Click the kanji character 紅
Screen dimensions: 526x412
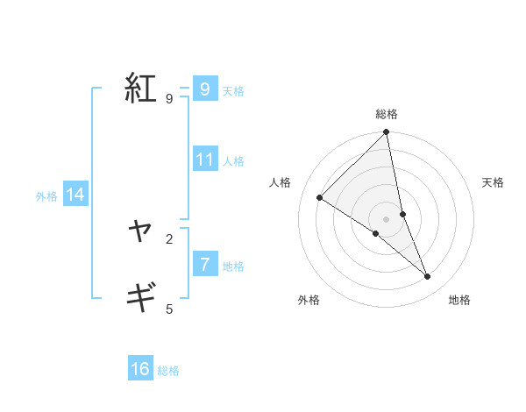coord(140,89)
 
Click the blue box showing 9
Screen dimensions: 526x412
coord(204,89)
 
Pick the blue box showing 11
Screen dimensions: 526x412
coord(205,160)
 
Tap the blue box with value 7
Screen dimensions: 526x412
coord(204,264)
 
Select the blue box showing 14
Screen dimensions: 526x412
coord(75,195)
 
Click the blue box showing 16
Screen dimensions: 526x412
coord(140,369)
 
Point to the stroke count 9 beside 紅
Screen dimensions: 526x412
coord(168,99)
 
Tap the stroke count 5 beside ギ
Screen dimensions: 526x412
coord(168,309)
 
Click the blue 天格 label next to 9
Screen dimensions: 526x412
coord(233,90)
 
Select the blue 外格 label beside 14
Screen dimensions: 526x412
coord(46,196)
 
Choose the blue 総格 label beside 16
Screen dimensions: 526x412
coord(168,371)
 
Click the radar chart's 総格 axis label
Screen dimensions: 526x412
coord(387,114)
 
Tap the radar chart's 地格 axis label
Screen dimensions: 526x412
coord(459,300)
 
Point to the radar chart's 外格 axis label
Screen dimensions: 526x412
coord(309,300)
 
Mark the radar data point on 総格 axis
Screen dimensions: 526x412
coord(387,132)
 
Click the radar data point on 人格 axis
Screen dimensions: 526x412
coord(320,198)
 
